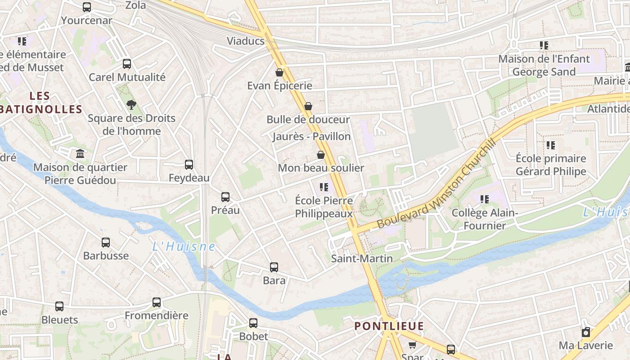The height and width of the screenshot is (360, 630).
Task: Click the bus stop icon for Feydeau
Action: pyautogui.click(x=189, y=165)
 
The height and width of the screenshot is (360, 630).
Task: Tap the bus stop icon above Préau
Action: pyautogui.click(x=225, y=197)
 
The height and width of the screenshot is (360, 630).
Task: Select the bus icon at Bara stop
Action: pyautogui.click(x=274, y=267)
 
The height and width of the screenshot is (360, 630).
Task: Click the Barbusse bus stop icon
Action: pyautogui.click(x=106, y=243)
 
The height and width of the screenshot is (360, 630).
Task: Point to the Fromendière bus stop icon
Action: pyautogui.click(x=157, y=302)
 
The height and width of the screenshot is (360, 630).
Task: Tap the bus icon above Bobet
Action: pyautogui.click(x=253, y=323)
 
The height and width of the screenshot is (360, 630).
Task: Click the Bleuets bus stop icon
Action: pyautogui.click(x=59, y=306)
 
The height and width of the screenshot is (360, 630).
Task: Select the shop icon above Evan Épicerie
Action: pyautogui.click(x=279, y=72)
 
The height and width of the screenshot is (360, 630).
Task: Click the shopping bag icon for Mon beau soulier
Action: pyautogui.click(x=321, y=155)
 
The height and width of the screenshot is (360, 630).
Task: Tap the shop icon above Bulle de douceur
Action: pyautogui.click(x=308, y=107)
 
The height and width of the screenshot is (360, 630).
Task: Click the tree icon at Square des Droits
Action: pyautogui.click(x=131, y=105)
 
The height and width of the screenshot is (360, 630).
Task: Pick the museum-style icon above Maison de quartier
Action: pyautogui.click(x=81, y=154)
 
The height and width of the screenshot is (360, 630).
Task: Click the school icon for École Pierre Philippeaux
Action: pyautogui.click(x=324, y=187)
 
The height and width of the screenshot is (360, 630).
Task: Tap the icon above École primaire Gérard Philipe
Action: pyautogui.click(x=551, y=145)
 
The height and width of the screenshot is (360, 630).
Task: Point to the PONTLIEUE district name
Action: pyautogui.click(x=389, y=326)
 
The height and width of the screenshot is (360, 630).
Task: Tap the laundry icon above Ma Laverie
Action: pyautogui.click(x=586, y=333)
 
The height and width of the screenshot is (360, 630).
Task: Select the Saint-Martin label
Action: pyautogui.click(x=362, y=259)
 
